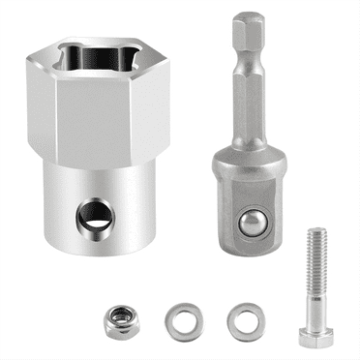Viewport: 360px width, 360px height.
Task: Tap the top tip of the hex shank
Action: [249, 16]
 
